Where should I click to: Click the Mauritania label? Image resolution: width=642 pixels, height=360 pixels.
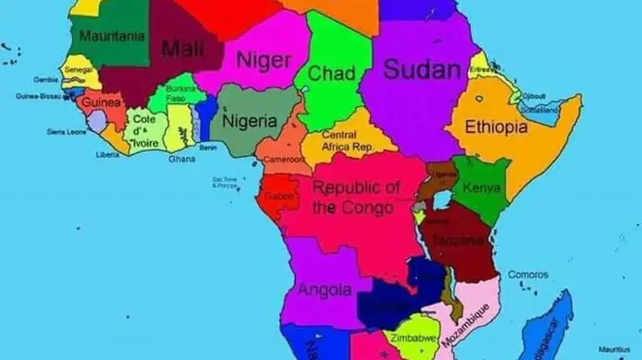pyautogui.click(x=112, y=36)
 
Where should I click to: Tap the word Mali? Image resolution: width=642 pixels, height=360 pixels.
pyautogui.click(x=182, y=48)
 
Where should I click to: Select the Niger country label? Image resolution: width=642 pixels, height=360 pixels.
pyautogui.click(x=264, y=60)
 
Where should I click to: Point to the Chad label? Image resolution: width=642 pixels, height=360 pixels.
pyautogui.click(x=331, y=73)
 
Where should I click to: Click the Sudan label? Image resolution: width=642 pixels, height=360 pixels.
pyautogui.click(x=421, y=68)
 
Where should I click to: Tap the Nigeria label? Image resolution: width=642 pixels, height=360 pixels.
pyautogui.click(x=250, y=122)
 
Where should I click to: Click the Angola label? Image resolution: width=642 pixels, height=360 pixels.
pyautogui.click(x=324, y=290)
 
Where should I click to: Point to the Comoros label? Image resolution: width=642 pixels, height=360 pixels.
pyautogui.click(x=527, y=274)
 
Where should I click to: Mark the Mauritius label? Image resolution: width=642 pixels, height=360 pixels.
pyautogui.click(x=615, y=348)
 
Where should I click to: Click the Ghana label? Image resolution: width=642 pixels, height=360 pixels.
pyautogui.click(x=182, y=159)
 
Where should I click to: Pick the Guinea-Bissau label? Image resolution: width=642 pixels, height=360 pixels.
pyautogui.click(x=38, y=96)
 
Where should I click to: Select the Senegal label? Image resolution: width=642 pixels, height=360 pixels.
pyautogui.click(x=78, y=71)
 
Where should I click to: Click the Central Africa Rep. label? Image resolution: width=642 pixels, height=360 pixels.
pyautogui.click(x=346, y=140)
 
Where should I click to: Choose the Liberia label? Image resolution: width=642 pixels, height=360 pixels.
pyautogui.click(x=107, y=154)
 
